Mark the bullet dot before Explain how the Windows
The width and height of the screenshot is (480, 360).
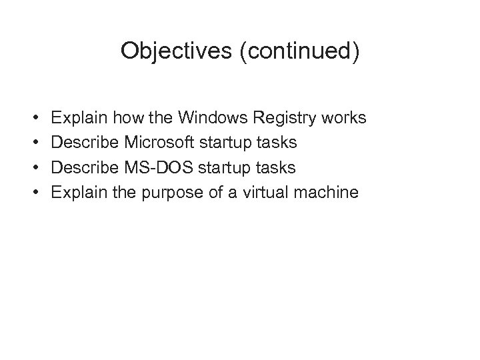[x=34, y=119]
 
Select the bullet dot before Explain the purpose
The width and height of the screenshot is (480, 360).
[x=34, y=193]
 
